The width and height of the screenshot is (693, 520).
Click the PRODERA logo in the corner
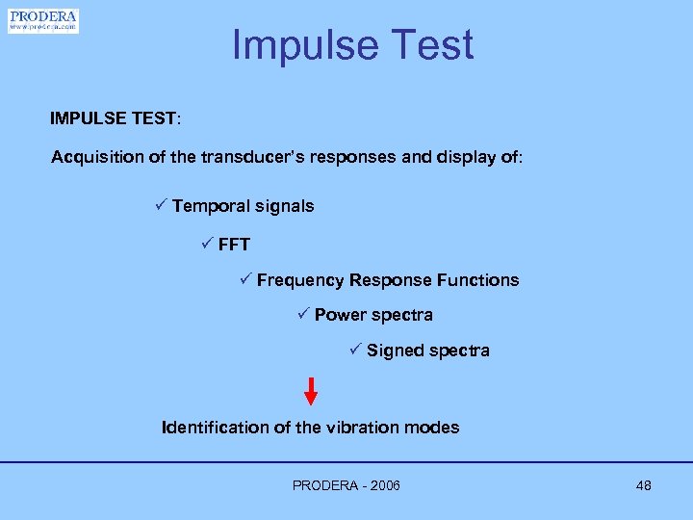tap(43, 21)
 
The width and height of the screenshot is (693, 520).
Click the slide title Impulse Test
tap(352, 45)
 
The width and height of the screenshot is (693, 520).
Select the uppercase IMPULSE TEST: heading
tap(115, 119)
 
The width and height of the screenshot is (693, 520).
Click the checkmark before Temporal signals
tap(161, 205)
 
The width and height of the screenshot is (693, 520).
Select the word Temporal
tap(210, 206)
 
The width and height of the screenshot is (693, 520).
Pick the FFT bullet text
tap(234, 245)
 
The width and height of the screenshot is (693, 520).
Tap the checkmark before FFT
tap(207, 244)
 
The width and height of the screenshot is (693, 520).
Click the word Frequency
tap(299, 280)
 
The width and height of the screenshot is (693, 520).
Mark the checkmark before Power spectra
tap(302, 314)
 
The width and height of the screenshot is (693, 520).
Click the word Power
tap(340, 315)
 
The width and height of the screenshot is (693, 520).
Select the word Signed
tap(395, 351)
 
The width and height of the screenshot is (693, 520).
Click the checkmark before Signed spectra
tap(354, 350)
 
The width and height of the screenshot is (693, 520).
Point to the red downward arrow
tap(311, 391)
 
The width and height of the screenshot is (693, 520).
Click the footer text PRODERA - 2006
tap(346, 485)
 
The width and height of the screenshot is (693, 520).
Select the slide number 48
tap(643, 485)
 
